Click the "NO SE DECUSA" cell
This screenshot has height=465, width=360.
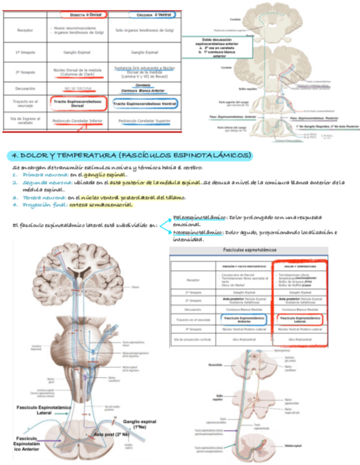coord(76,88)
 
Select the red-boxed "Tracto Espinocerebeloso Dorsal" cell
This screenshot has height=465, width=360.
coord(77,104)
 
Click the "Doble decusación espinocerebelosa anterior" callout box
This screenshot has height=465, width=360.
coord(218,48)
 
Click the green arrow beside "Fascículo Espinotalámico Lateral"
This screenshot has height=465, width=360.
coord(65,413)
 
